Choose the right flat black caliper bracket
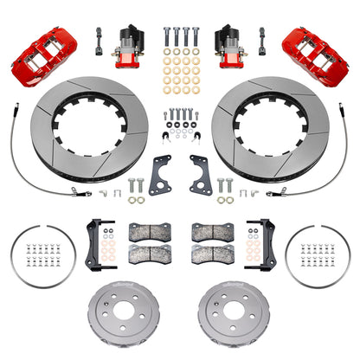point(201,175)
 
